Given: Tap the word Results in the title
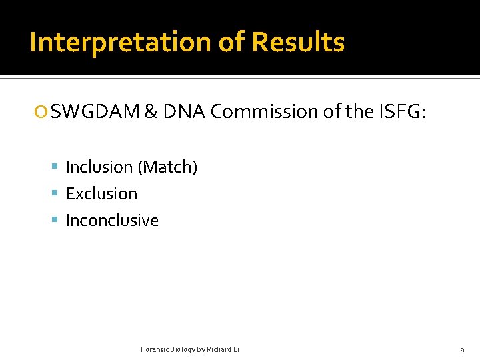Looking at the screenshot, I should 298,43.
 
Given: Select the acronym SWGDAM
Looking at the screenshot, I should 95,112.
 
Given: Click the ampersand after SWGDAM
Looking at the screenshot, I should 151,112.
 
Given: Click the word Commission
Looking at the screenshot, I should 265,112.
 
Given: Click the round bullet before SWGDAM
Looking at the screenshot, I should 43,113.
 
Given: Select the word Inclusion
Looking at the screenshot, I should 99,167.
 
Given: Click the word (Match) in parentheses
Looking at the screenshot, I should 167,167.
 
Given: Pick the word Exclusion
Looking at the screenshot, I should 101,194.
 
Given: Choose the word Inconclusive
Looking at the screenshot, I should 112,221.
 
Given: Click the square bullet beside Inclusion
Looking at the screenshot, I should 56,167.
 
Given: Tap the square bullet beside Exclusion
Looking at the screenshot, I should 56,194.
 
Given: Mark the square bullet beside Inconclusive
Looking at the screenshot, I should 56,221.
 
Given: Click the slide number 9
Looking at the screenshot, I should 462,350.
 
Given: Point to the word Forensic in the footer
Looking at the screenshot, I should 155,350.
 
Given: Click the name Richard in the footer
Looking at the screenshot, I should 219,350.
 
